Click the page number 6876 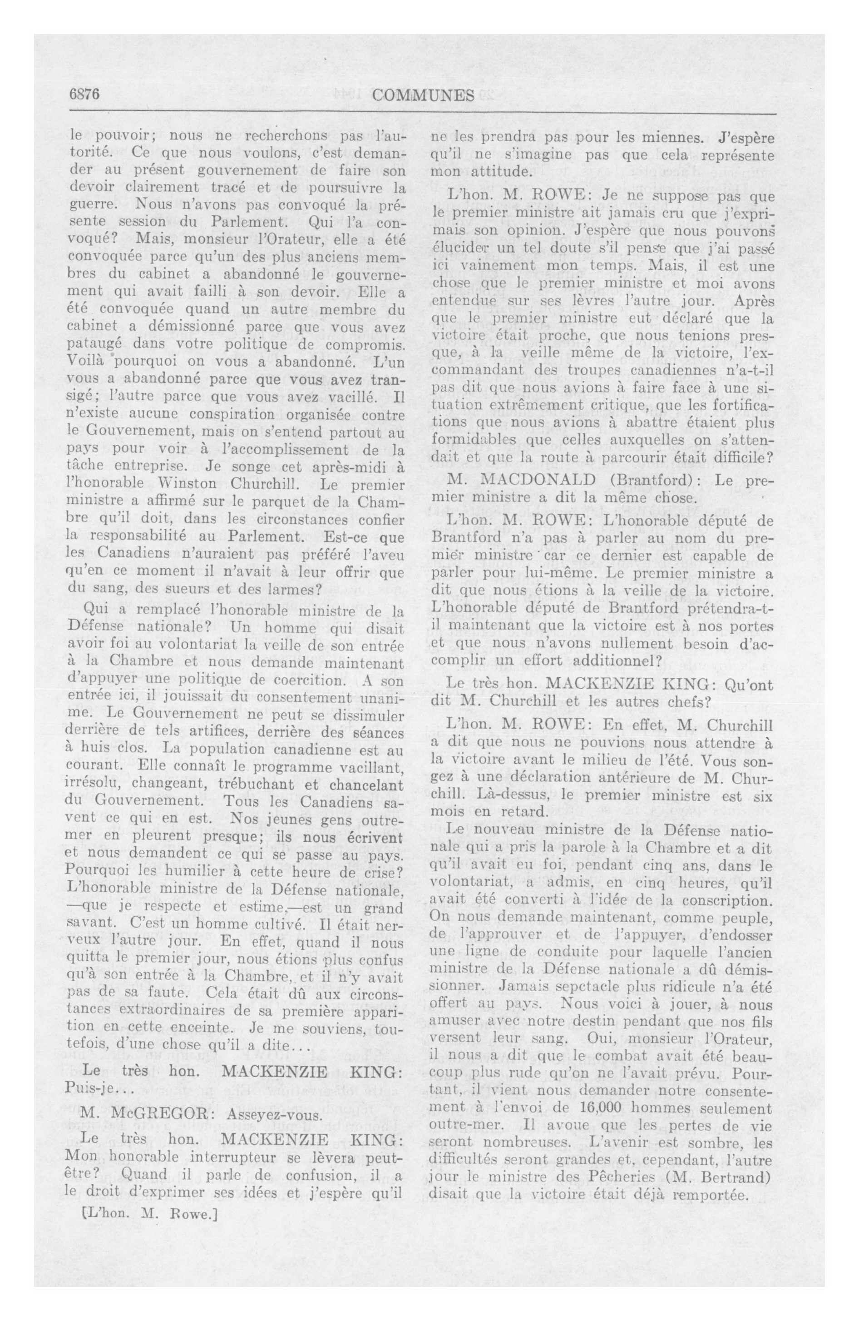click(84, 95)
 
